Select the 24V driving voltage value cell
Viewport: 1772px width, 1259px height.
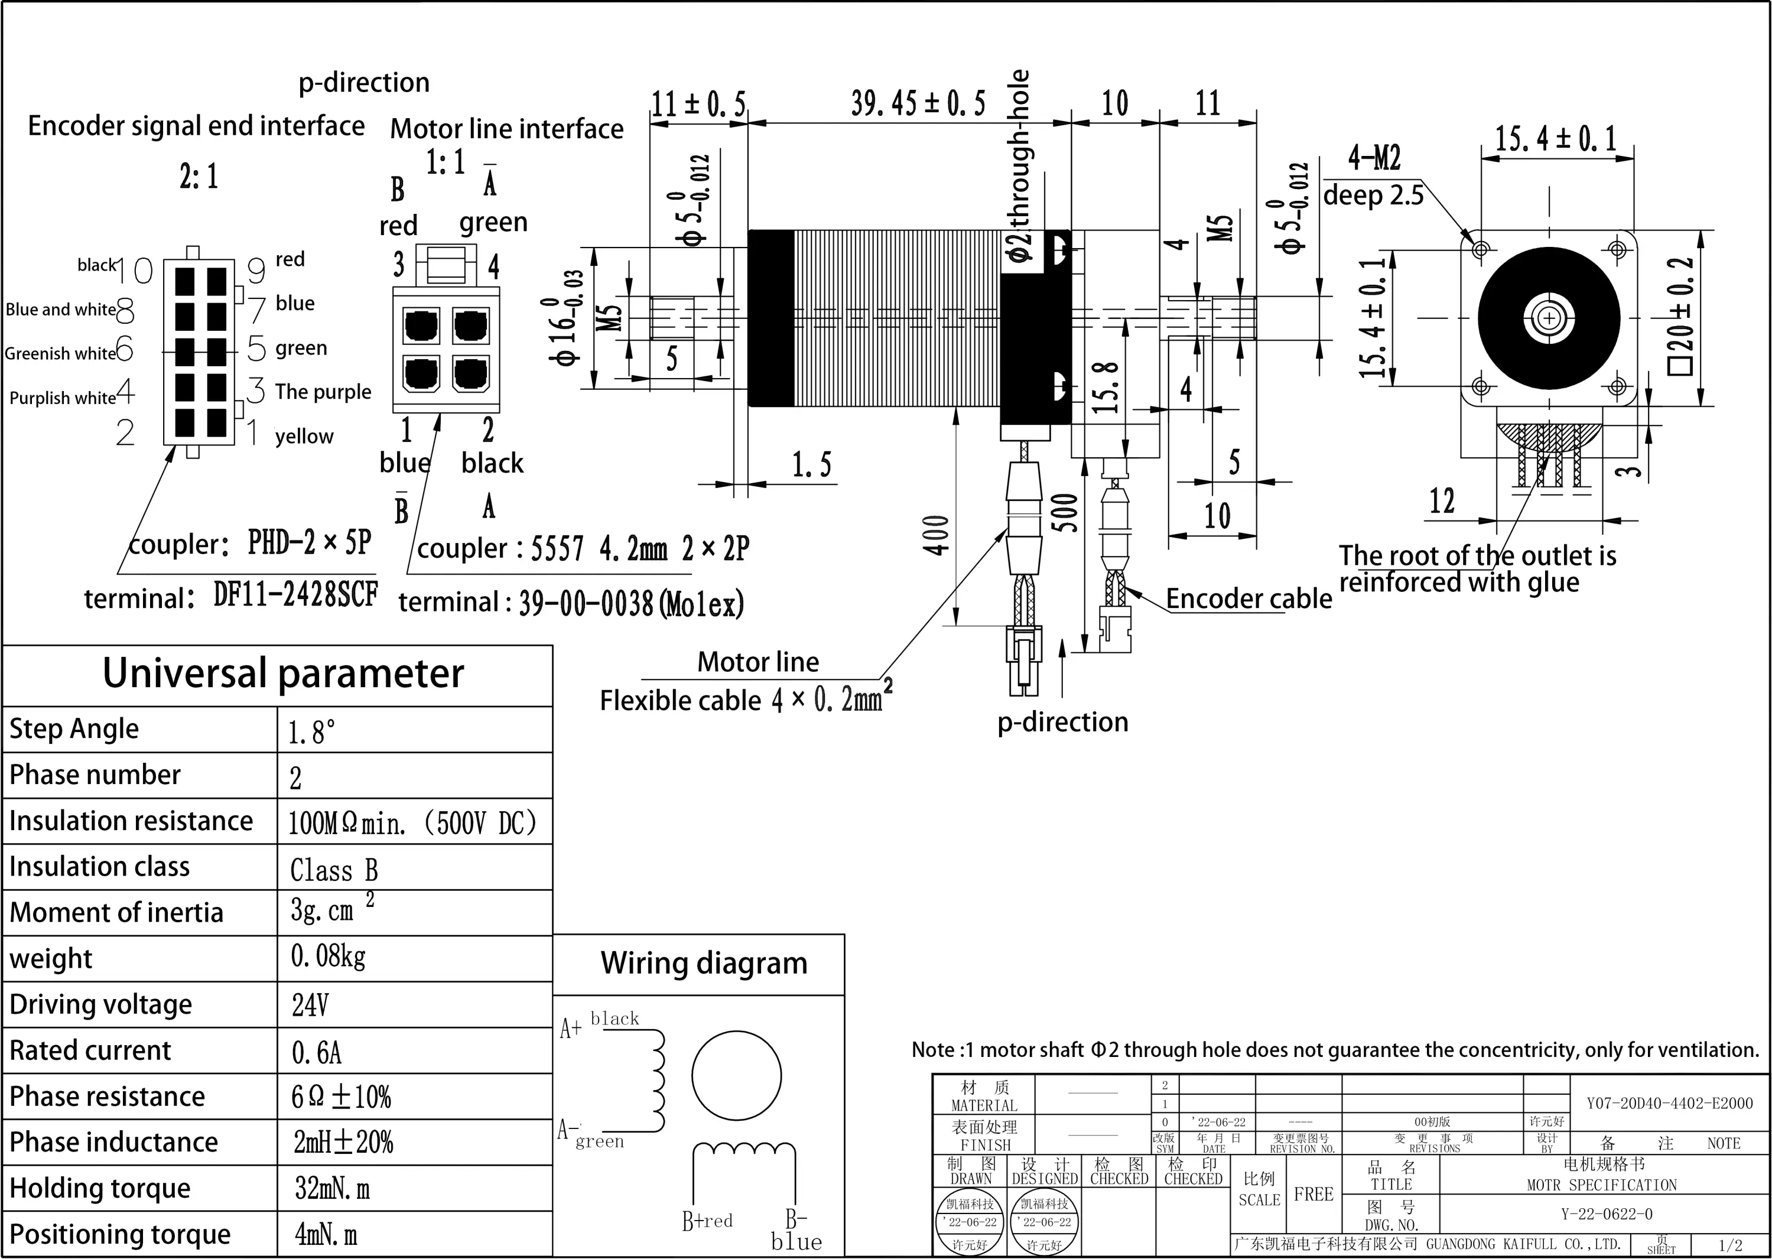click(x=310, y=1006)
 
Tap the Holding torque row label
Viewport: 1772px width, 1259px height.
click(x=100, y=1188)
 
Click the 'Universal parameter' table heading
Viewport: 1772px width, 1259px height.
click(x=283, y=673)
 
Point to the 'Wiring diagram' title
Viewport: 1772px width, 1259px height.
click(x=703, y=964)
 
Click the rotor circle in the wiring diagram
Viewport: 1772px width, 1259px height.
click(x=736, y=1075)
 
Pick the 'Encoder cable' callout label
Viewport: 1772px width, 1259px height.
click(x=1248, y=598)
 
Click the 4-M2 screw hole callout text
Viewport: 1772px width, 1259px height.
click(x=1374, y=158)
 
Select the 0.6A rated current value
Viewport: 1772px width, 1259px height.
click(x=316, y=1052)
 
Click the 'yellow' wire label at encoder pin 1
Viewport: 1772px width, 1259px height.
click(x=304, y=437)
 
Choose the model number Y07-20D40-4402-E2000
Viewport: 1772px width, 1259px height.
click(x=1669, y=1103)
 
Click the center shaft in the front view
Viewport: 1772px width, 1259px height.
click(x=1549, y=318)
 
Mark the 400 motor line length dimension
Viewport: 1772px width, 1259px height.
click(x=937, y=535)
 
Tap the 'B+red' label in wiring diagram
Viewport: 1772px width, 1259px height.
click(x=707, y=1221)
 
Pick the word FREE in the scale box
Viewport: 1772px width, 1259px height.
click(x=1313, y=1194)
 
